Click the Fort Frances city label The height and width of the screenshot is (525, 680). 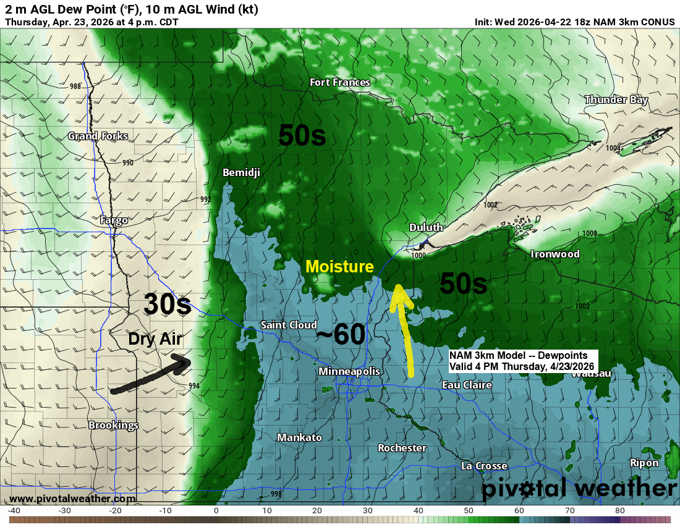[340, 82]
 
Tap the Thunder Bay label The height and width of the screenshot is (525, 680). [616, 99]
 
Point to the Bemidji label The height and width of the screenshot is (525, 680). [241, 172]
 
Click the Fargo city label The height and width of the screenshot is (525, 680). [114, 220]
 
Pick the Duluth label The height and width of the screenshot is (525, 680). [426, 227]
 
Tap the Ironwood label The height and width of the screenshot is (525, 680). [555, 254]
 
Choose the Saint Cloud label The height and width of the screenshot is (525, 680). [289, 325]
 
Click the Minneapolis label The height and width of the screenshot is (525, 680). [349, 371]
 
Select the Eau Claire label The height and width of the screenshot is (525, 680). [467, 385]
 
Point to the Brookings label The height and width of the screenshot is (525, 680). [113, 425]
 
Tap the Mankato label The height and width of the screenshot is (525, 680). [299, 437]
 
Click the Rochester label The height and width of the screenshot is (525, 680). [402, 448]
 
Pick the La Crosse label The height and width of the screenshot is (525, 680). [484, 466]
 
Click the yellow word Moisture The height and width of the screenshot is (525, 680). [339, 267]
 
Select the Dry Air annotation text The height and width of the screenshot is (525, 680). [155, 338]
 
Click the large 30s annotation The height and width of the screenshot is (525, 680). [167, 304]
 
